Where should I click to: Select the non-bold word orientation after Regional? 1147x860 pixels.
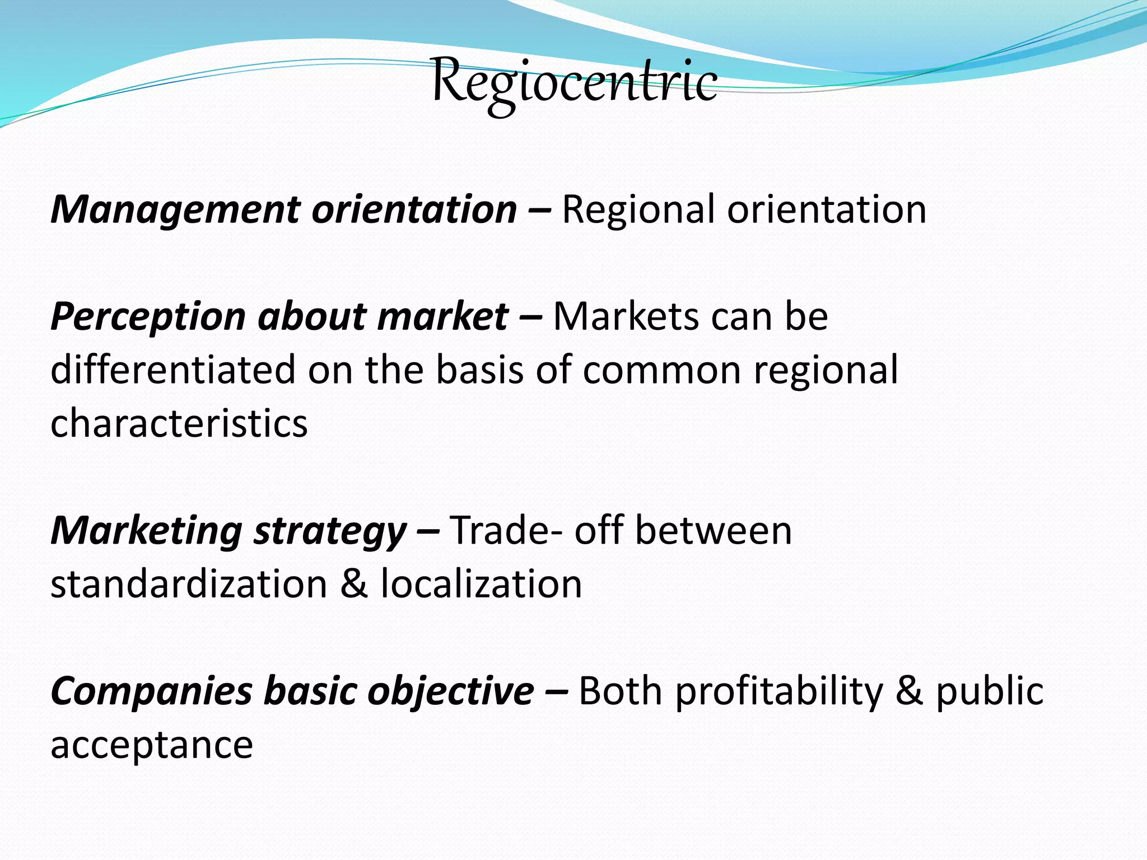[827, 209]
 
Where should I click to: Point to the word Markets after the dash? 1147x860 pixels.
[626, 316]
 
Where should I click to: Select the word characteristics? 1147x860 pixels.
[179, 423]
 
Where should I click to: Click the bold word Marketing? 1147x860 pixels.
[146, 531]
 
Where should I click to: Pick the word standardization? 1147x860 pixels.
[189, 584]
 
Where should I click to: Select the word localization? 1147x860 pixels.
[481, 584]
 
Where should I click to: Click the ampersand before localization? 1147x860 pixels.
[354, 584]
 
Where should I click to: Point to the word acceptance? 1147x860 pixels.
[152, 745]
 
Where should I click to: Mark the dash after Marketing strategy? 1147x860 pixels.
[428, 531]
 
